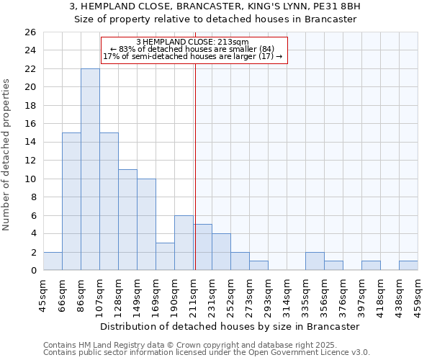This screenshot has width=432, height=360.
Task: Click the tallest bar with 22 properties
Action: pos(90,169)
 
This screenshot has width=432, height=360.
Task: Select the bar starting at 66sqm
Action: pos(71,202)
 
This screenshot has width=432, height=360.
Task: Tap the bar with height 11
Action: pos(127,220)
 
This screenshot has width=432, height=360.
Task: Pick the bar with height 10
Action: pos(146,225)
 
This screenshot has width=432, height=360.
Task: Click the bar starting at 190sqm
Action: pos(184,243)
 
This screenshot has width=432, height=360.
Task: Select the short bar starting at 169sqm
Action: pos(165,256)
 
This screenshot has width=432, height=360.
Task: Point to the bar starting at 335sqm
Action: pos(315,261)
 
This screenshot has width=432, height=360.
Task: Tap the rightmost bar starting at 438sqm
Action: pos(408,266)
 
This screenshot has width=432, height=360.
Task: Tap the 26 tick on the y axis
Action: pos(30,32)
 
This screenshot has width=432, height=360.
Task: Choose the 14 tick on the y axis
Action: pos(30,142)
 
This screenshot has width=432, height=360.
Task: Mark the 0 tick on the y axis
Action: pos(32,270)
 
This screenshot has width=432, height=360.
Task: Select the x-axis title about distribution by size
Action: pos(230,326)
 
